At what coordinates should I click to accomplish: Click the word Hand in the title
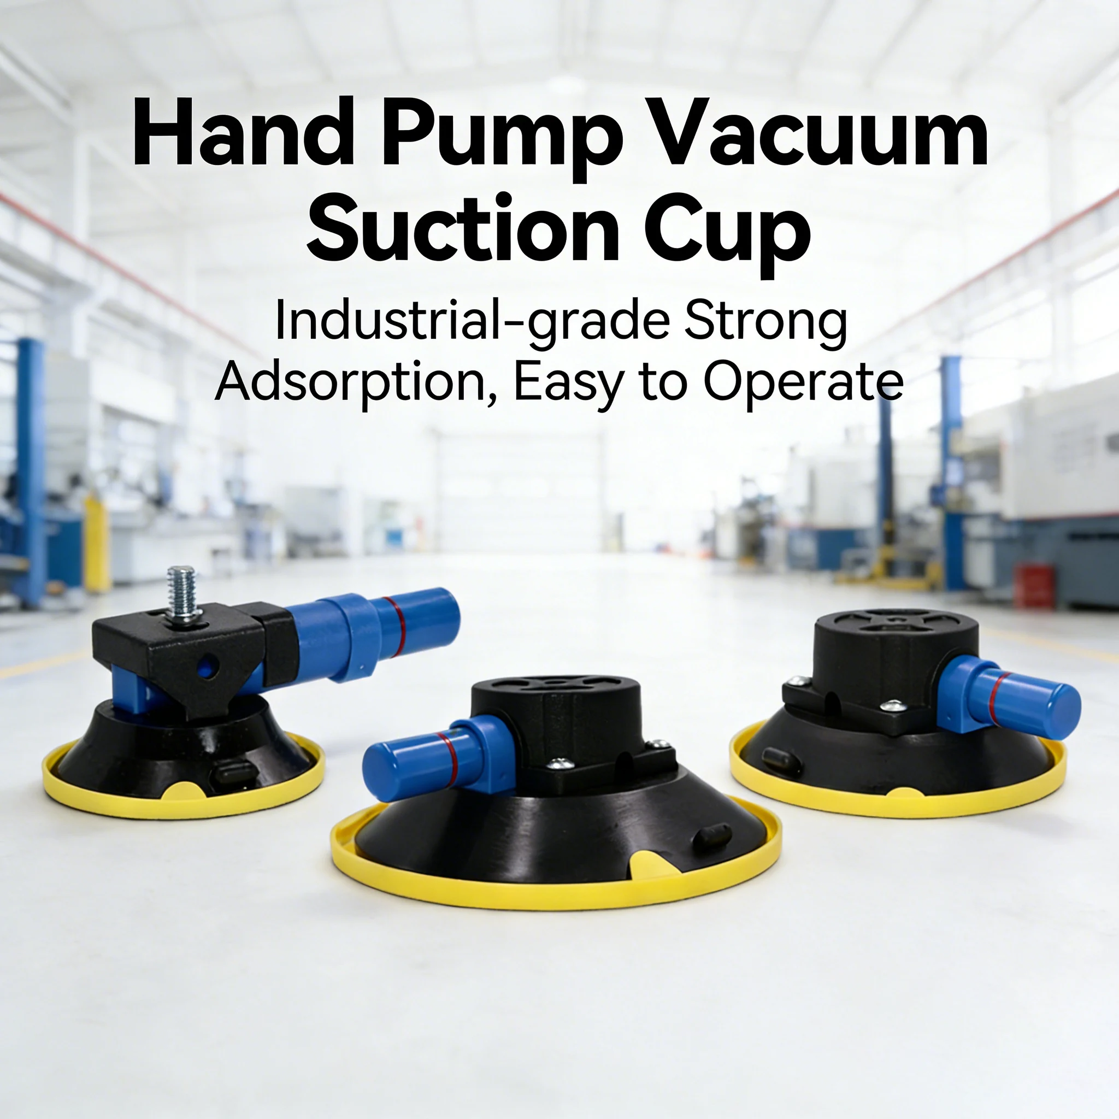pos(243,134)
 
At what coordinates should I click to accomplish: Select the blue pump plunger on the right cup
pos(1020,704)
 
